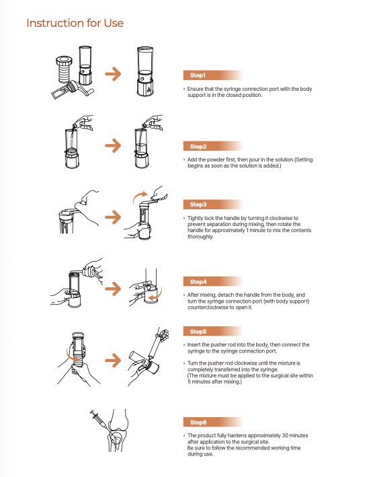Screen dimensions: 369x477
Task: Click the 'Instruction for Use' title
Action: point(75,23)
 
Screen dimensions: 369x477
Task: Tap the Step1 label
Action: point(198,75)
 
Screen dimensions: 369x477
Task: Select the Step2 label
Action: point(198,147)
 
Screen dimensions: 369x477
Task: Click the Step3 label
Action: point(198,205)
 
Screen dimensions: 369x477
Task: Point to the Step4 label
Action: point(198,282)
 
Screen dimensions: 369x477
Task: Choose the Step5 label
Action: point(198,332)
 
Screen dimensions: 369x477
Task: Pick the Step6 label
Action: point(198,423)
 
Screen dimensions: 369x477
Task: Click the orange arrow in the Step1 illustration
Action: point(113,74)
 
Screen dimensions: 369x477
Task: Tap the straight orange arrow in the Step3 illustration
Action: point(113,217)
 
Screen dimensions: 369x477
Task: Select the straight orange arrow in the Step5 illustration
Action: point(113,361)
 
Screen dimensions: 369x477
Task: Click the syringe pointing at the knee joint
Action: point(99,419)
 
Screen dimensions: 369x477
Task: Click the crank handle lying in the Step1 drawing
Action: point(73,89)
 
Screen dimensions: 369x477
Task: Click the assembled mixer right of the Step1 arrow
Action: point(145,71)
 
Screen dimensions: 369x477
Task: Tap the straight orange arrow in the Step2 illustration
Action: point(113,145)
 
